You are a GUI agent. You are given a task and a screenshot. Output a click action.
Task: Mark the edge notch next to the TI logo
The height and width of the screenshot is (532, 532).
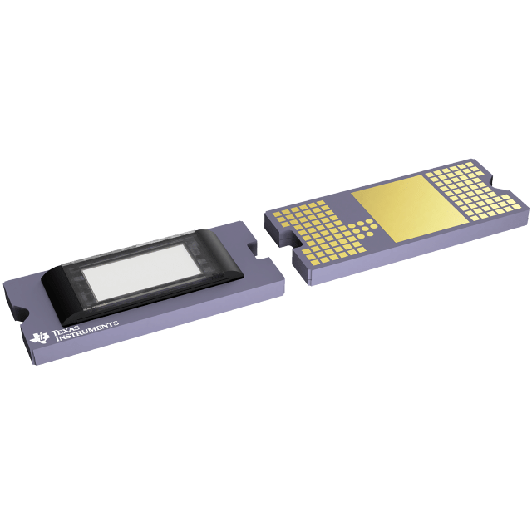22,314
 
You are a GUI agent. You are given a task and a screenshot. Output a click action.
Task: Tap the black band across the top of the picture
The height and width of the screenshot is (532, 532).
266,58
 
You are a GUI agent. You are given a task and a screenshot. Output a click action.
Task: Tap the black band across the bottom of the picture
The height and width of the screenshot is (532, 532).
266,474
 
